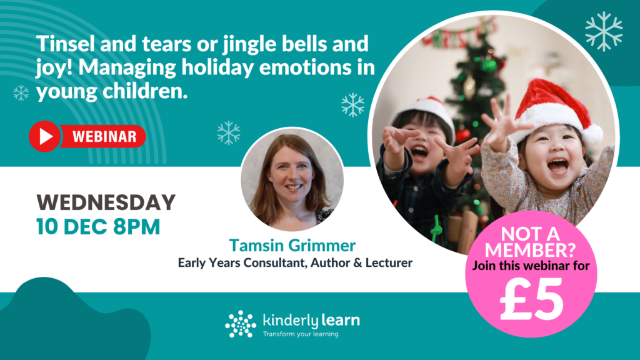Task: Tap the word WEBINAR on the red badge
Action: (103, 136)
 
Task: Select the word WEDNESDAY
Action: (106, 202)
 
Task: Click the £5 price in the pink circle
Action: (531, 299)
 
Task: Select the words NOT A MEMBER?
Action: (531, 241)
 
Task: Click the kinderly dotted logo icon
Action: (241, 324)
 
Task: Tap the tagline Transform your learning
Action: (301, 334)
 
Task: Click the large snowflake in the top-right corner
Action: (603, 31)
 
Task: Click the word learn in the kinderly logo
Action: (341, 321)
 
